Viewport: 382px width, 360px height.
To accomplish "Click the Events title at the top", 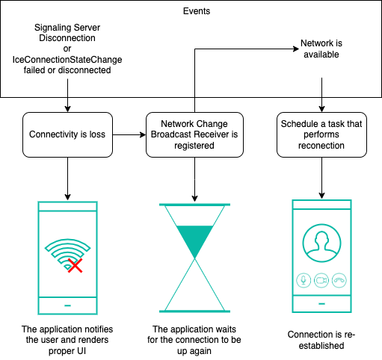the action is tap(197, 11).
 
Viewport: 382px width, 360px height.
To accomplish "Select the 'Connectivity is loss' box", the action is tap(67, 134).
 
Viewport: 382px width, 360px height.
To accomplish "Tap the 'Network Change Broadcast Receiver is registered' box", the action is tap(194, 134).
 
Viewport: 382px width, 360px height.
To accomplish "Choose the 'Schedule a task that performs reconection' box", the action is tap(321, 134).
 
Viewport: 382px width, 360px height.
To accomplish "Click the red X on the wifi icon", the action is tap(75, 265).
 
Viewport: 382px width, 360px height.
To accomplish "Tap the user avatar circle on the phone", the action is tap(321, 243).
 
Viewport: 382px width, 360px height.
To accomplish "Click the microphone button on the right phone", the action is tap(304, 280).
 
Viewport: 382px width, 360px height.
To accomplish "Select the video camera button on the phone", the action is tap(321, 280).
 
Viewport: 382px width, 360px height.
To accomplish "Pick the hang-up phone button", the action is tap(339, 280).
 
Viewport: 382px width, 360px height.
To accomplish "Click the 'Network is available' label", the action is tap(321, 49).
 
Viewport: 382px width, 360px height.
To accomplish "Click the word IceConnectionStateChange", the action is tap(67, 60).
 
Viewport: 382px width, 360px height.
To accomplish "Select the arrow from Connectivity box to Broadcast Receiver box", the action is tap(129, 135).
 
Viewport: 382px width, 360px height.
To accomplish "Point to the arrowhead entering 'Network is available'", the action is tap(296, 49).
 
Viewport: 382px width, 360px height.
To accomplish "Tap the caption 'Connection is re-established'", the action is tap(321, 340).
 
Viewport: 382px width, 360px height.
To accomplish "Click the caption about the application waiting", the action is tap(194, 340).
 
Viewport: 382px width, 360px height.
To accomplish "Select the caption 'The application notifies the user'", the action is tap(67, 340).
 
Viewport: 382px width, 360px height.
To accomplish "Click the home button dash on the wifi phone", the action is tap(67, 305).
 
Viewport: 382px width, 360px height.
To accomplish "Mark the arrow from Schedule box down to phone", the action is tap(321, 178).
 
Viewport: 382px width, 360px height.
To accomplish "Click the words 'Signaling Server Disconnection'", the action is tap(67, 33).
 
